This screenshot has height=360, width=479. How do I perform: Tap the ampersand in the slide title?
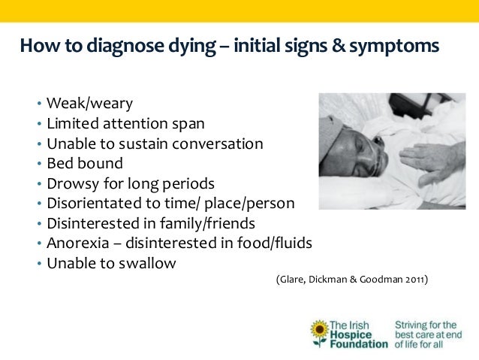point(338,47)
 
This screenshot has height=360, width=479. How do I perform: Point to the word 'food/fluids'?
point(274,244)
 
